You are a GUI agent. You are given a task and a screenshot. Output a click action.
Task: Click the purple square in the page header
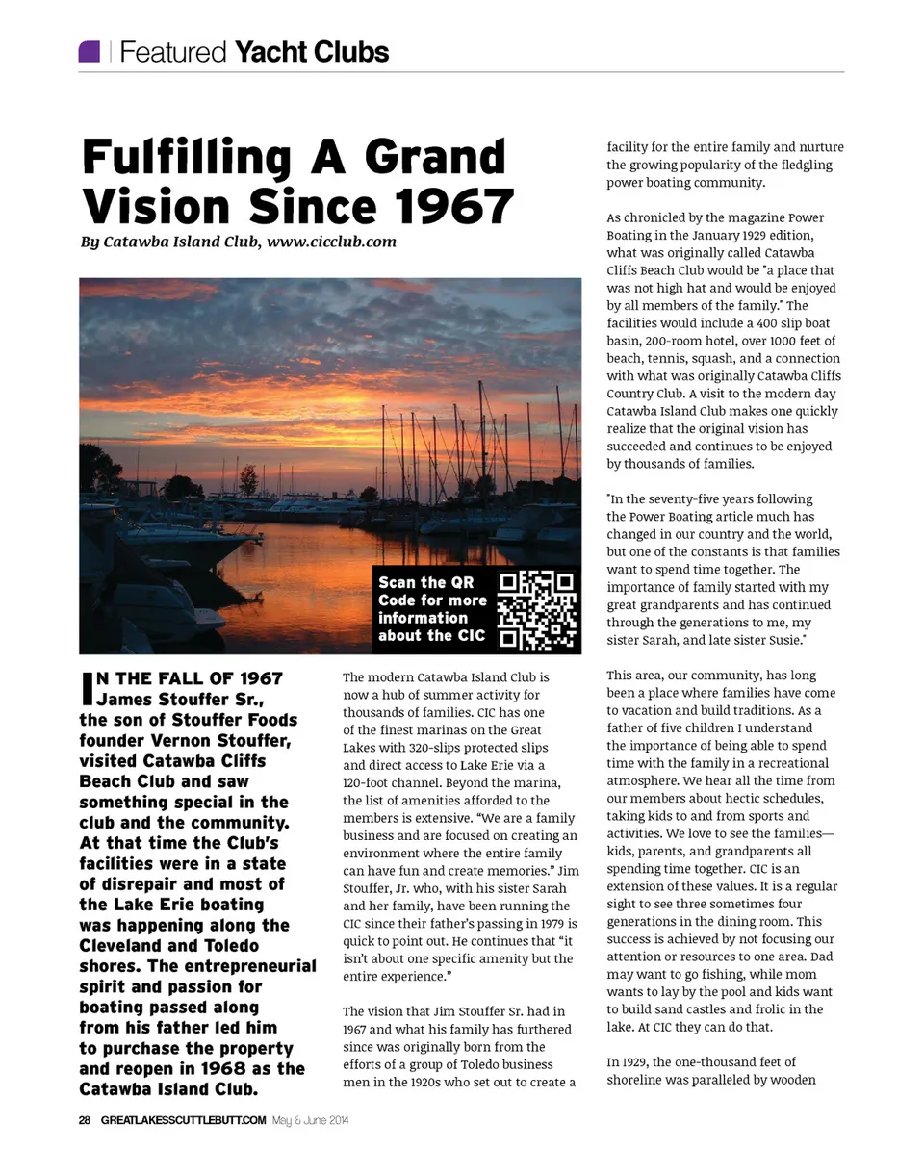pos(90,51)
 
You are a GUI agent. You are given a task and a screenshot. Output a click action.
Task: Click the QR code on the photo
pos(537,609)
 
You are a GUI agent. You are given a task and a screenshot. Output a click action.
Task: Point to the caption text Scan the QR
pos(425,582)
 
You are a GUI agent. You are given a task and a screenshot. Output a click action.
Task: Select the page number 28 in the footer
pos(85,1120)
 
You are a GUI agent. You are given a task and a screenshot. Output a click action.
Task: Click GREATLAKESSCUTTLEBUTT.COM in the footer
pos(183,1120)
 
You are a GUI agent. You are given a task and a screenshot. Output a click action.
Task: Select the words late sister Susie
pos(753,640)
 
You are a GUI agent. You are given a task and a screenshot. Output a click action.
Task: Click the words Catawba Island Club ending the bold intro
pos(168,1089)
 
